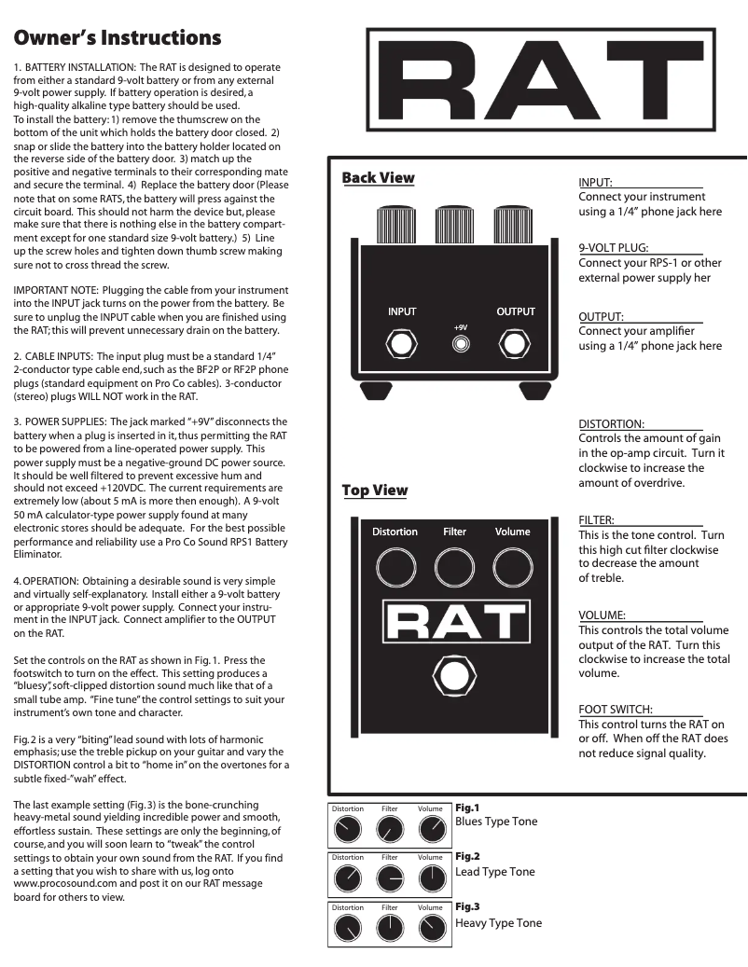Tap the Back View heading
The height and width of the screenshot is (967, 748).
[379, 177]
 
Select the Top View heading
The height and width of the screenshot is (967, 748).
[374, 490]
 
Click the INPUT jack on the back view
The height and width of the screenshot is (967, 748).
[402, 345]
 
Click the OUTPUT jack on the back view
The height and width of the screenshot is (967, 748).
[515, 345]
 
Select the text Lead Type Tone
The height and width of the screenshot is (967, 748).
[494, 872]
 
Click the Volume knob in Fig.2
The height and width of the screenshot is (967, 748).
[432, 877]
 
